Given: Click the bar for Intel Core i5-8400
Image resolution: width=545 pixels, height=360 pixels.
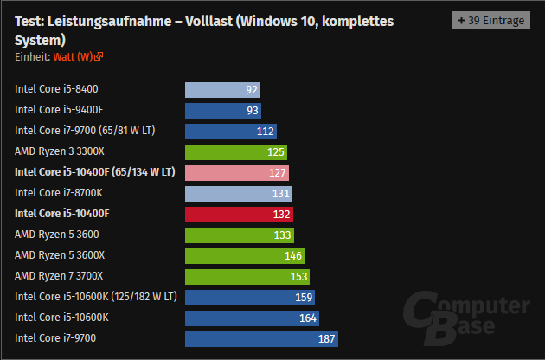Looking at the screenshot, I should (x=222, y=89).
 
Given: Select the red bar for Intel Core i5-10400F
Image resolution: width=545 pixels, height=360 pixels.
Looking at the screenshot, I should (x=239, y=214).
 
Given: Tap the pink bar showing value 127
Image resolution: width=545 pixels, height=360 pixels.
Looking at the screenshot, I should (x=237, y=172).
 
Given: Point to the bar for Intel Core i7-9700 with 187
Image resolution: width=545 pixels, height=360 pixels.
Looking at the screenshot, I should (x=261, y=338).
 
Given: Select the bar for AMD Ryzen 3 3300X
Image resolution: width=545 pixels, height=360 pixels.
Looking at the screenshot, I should (x=236, y=151).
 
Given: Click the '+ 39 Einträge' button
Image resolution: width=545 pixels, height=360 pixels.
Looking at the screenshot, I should (x=490, y=20).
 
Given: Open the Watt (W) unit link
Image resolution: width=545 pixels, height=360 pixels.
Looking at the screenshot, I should (x=77, y=56).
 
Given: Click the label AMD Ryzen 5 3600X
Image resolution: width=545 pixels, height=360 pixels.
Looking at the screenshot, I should (x=60, y=255).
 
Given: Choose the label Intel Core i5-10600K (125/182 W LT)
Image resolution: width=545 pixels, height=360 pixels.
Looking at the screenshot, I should (x=96, y=297).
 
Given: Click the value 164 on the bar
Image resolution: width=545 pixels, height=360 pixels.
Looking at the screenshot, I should (x=307, y=318).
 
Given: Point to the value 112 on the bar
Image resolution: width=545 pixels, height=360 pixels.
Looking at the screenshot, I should (x=266, y=131).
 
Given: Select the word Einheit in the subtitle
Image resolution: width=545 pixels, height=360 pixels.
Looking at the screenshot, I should (x=31, y=56).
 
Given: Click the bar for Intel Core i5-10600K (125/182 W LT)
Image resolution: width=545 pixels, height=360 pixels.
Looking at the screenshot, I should (x=250, y=297).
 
